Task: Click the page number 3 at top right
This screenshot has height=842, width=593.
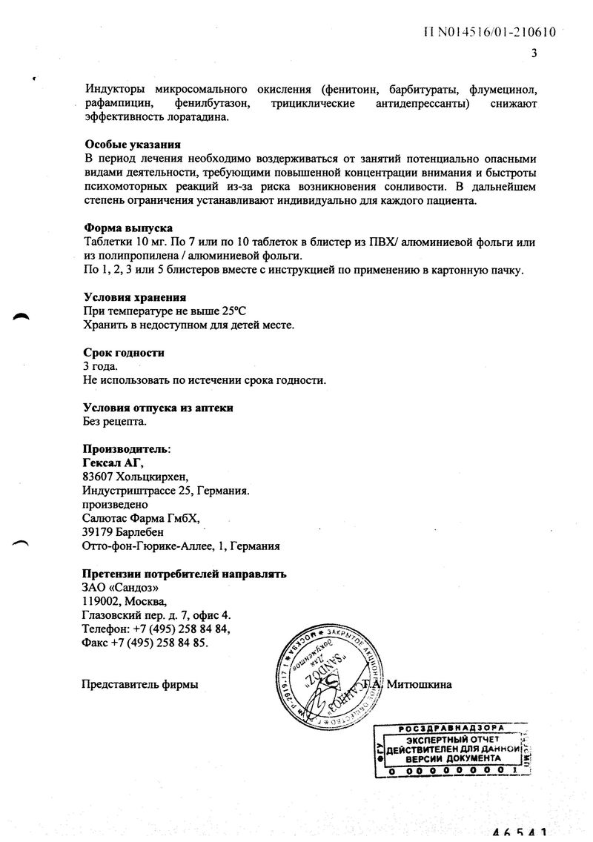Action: pyautogui.click(x=534, y=53)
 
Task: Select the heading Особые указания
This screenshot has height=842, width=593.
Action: pyautogui.click(x=131, y=145)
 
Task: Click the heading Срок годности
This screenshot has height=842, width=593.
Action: pyautogui.click(x=123, y=353)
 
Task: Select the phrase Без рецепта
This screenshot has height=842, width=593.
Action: pyautogui.click(x=114, y=422)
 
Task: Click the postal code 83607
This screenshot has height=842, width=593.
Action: pyautogui.click(x=99, y=477)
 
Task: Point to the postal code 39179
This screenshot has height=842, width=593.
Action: pyautogui.click(x=99, y=532)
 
